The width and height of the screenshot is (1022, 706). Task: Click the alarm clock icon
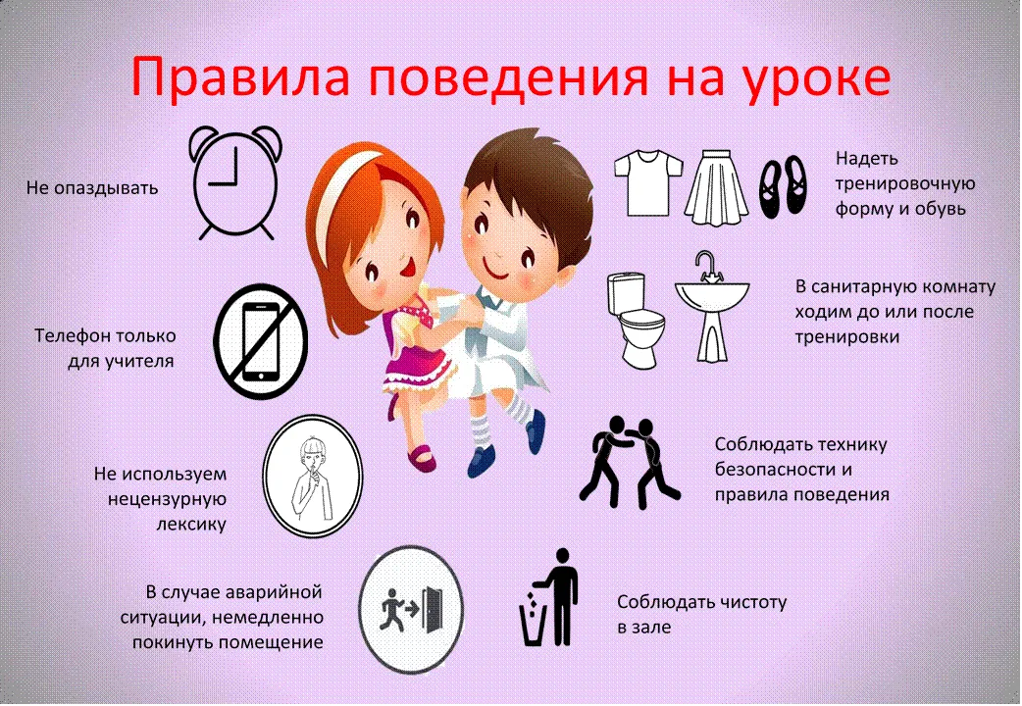(235, 181)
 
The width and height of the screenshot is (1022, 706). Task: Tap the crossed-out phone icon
(261, 341)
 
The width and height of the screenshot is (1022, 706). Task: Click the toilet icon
(636, 320)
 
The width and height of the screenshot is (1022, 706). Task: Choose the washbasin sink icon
(712, 305)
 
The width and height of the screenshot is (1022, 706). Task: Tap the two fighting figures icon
(629, 462)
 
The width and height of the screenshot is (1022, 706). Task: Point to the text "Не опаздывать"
(92, 188)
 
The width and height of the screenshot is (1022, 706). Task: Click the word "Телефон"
(76, 335)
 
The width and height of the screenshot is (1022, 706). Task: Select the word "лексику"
(191, 524)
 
